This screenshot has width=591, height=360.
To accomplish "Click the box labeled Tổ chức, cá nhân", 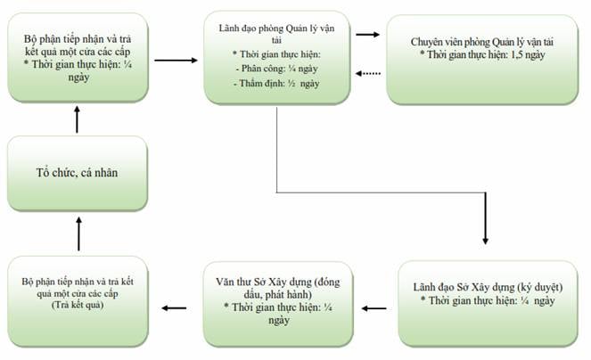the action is tap(78, 173).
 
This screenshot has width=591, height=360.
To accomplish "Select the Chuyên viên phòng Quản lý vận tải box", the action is tap(482, 60).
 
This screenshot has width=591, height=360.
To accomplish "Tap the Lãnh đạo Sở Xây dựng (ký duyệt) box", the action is tap(488, 304).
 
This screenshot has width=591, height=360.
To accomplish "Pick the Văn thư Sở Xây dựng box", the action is tap(278, 304).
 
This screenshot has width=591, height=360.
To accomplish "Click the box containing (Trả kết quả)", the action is tap(78, 301).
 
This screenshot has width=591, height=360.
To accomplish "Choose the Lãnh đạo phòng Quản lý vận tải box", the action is tap(277, 57).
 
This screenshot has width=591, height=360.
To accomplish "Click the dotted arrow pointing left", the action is tap(368, 73).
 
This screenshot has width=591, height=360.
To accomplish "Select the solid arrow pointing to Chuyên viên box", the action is tap(367, 35).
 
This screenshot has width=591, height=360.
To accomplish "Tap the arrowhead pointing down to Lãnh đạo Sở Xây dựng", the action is tap(486, 241).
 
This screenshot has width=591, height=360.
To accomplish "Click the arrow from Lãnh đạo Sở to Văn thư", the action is tap(373, 308).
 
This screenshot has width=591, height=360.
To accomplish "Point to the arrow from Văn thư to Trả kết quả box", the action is tap(174, 308).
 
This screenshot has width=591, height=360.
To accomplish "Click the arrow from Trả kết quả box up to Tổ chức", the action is tap(78, 233).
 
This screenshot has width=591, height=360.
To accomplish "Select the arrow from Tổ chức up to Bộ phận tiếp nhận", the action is tap(77, 119).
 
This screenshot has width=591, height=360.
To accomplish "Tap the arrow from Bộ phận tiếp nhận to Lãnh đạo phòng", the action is tap(176, 61).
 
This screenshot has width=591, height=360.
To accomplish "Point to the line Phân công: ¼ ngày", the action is tap(276, 69).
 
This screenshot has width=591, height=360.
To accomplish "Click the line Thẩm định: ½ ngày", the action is tap(276, 83).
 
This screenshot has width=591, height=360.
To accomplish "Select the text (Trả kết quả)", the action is tap(78, 305).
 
